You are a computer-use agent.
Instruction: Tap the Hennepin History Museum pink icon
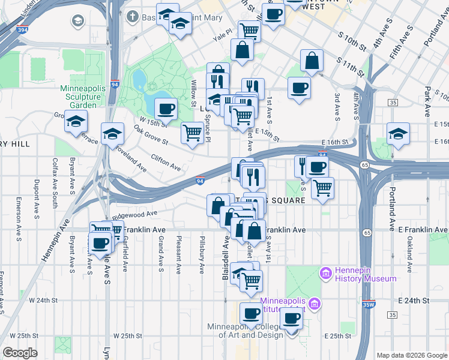(327, 273)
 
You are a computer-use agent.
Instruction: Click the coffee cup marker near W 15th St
(165, 110)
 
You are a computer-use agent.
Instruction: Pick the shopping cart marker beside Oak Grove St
(192, 132)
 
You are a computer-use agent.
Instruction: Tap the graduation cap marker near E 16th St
(397, 134)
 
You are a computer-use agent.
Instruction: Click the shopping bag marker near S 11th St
(312, 60)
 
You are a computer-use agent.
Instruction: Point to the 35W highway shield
(369, 304)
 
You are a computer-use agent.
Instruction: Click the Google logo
(20, 353)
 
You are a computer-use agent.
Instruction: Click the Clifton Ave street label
(166, 161)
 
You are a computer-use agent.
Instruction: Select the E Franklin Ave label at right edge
(422, 230)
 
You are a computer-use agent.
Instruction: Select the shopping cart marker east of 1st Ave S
(322, 188)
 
